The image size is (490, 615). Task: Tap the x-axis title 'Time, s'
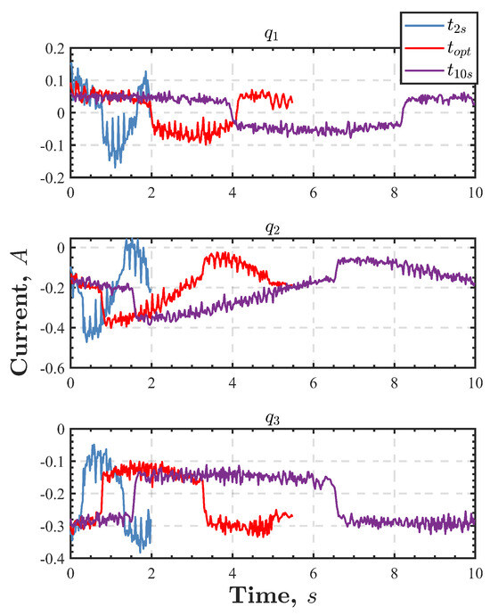pyautogui.click(x=273, y=594)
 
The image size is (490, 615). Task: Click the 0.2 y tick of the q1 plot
pyautogui.click(x=53, y=48)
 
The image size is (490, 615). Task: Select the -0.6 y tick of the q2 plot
pyautogui.click(x=51, y=368)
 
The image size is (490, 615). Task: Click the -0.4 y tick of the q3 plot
pyautogui.click(x=51, y=559)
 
